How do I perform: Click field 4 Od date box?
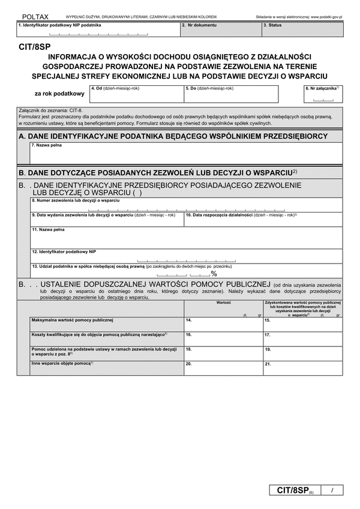point(136,95)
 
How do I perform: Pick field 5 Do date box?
point(231,95)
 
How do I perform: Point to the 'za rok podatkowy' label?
point(59,94)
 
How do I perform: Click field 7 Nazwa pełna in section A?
point(186,154)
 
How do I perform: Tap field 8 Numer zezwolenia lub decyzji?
point(186,206)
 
